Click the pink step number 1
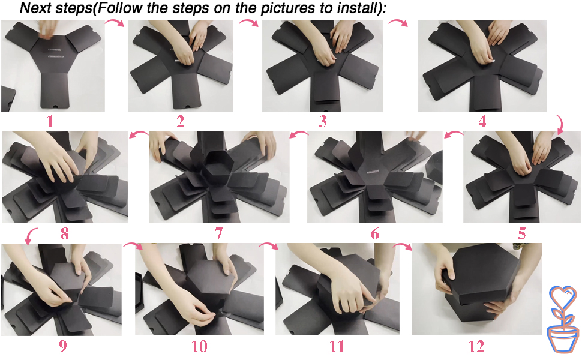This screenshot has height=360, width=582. [50, 121]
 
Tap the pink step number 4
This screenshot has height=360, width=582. [482, 121]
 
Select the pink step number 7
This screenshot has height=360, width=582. [218, 233]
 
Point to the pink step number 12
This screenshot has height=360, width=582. [476, 347]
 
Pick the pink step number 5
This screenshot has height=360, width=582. [522, 234]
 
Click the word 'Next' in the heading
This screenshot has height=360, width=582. [35, 8]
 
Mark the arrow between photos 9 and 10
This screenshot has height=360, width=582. [133, 245]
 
